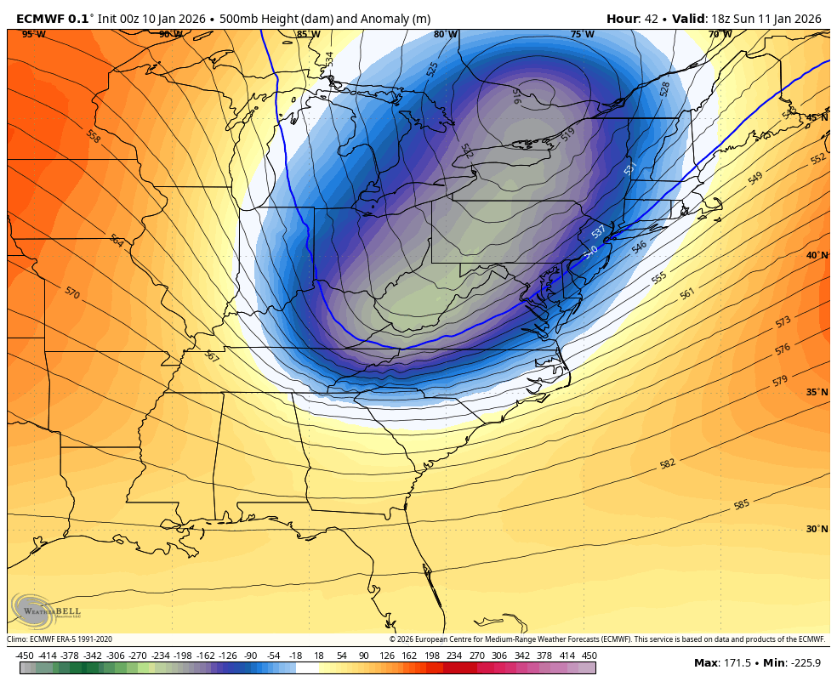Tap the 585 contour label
(742, 505)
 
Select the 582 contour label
(668, 463)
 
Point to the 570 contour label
(72, 292)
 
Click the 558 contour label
(93, 135)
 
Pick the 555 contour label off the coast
(659, 278)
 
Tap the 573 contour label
(783, 321)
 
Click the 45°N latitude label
(817, 117)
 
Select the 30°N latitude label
(817, 529)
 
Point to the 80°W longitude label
(444, 35)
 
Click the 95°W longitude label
(33, 35)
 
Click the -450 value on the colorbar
(25, 656)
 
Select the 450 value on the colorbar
(589, 656)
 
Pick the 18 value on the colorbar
(319, 656)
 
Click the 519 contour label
(568, 133)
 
